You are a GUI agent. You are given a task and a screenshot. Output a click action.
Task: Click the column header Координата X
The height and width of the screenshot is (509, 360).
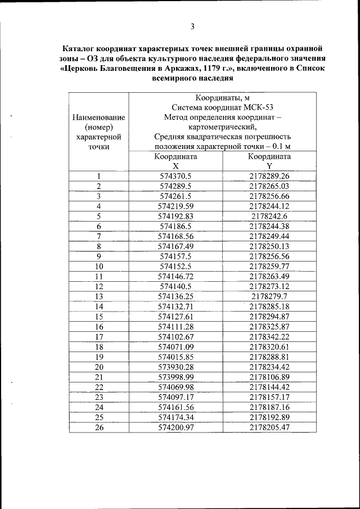coord(175,161)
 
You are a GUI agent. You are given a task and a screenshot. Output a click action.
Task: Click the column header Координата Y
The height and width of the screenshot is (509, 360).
coord(269,161)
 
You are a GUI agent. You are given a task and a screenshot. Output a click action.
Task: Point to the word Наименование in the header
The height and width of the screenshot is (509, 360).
coord(98,117)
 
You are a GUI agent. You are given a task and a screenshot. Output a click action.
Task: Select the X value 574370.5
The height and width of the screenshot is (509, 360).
coord(175,176)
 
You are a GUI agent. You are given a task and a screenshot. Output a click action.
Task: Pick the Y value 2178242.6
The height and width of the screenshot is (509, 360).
coord(269,216)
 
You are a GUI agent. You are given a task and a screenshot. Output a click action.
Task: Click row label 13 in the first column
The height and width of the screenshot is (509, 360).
coord(98,296)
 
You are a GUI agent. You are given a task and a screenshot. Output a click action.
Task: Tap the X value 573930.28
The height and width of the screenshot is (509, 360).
coord(175,367)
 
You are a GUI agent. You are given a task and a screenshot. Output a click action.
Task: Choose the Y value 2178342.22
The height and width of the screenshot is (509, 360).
coord(269,336)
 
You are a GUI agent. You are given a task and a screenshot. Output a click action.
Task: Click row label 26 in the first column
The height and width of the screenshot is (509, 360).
coord(98,427)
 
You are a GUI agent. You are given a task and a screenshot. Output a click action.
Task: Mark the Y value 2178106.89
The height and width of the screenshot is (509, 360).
coord(269,377)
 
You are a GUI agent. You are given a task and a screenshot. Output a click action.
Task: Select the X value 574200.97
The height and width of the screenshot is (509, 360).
coord(175,427)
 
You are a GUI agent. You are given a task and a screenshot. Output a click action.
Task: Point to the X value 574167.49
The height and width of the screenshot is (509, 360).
coord(175,246)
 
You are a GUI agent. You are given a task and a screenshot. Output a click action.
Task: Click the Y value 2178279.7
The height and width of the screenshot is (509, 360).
coord(269,296)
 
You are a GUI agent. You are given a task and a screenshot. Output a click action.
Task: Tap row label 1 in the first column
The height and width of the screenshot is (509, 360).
coord(98,176)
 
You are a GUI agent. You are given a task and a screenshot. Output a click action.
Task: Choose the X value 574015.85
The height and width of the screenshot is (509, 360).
coord(175,357)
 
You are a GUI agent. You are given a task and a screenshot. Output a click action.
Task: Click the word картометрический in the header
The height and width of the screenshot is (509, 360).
coord(222,127)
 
